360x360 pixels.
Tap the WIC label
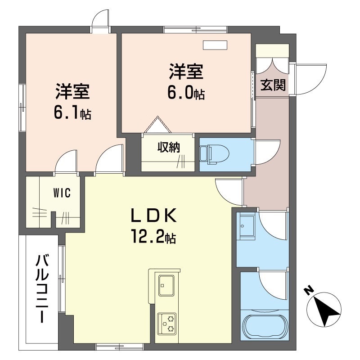click(x=62, y=193)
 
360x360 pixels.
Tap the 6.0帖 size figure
click(x=185, y=93)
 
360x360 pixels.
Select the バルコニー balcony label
click(x=42, y=288)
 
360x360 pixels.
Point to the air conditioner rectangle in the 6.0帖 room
click(x=216, y=45)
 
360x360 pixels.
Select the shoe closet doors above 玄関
click(x=272, y=63)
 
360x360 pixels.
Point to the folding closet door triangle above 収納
click(x=157, y=126)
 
